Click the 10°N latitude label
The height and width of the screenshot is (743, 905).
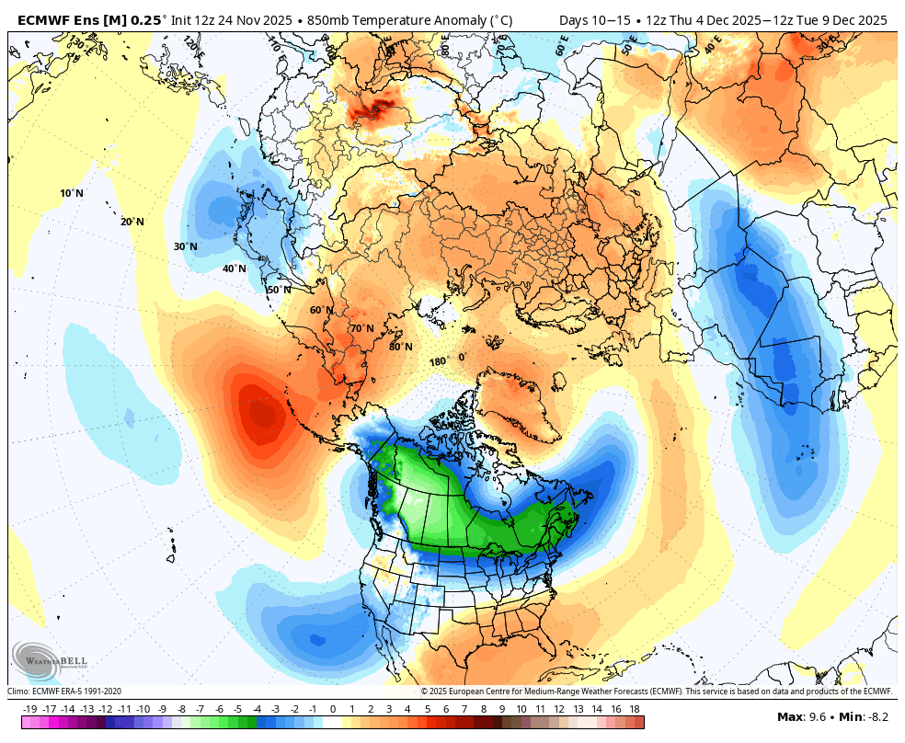(72, 193)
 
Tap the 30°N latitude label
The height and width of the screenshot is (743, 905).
(185, 246)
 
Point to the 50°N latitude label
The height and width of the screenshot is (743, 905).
(279, 290)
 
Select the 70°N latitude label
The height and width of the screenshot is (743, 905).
(361, 328)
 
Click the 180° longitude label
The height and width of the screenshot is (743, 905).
(438, 361)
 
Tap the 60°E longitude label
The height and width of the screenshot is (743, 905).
(562, 45)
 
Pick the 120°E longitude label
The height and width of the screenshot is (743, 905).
(191, 43)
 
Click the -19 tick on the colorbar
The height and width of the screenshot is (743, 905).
(29, 709)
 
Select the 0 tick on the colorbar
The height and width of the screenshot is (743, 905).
(332, 709)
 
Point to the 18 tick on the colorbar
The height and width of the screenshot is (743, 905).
(635, 709)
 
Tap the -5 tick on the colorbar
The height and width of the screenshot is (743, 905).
(237, 709)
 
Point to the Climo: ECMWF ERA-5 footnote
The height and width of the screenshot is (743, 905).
(64, 692)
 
